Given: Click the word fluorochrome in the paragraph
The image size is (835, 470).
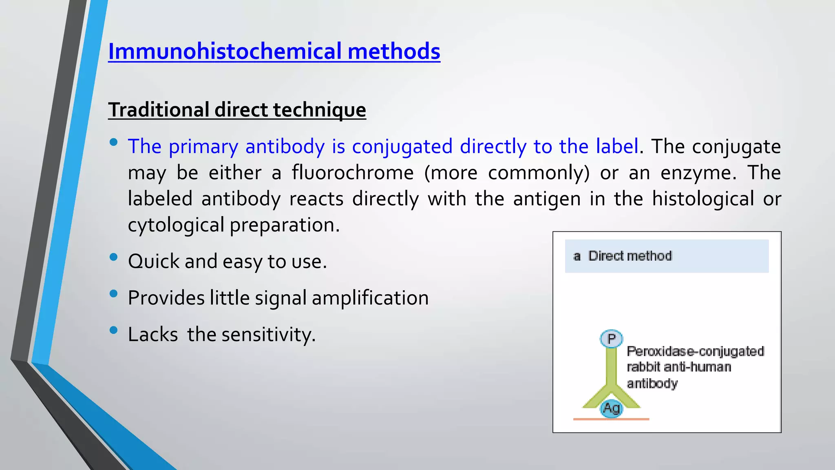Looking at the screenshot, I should [353, 173].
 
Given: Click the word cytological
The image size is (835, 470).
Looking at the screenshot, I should [176, 225].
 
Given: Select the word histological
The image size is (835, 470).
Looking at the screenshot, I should [703, 199].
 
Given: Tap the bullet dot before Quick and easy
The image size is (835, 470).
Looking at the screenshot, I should [114, 257].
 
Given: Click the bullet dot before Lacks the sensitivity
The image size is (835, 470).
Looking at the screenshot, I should [114, 330].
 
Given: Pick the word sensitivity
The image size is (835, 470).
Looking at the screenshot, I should [268, 335].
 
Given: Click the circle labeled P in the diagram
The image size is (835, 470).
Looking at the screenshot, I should [611, 339].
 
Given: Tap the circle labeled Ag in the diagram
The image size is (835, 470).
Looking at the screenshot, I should [611, 408].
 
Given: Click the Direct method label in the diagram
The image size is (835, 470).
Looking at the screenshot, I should [630, 256].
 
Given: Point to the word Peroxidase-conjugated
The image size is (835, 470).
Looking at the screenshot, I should [695, 351].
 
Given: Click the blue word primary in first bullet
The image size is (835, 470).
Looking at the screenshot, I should [203, 147].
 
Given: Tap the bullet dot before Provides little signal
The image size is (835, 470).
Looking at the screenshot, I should [114, 294].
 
